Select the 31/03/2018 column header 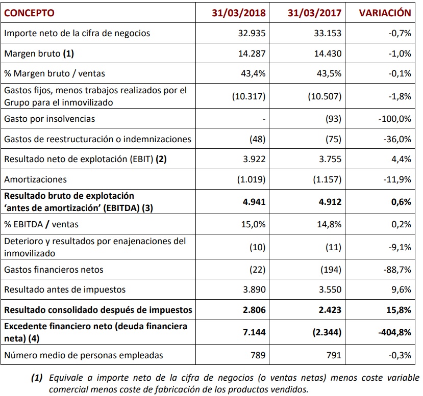[x=239, y=13]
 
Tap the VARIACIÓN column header [x=385, y=13]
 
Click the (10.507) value [x=325, y=96]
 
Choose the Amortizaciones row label [x=35, y=179]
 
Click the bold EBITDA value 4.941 [x=254, y=201]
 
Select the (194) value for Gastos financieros [x=331, y=269]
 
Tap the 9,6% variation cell [x=402, y=289]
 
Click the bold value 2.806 [x=254, y=309]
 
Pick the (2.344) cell [x=325, y=332]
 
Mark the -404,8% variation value [x=394, y=332]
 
